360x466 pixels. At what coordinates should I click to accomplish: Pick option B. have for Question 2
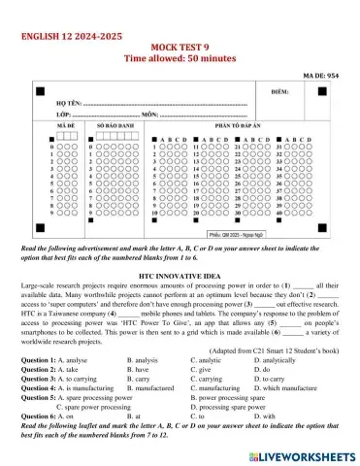tap(140, 369)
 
